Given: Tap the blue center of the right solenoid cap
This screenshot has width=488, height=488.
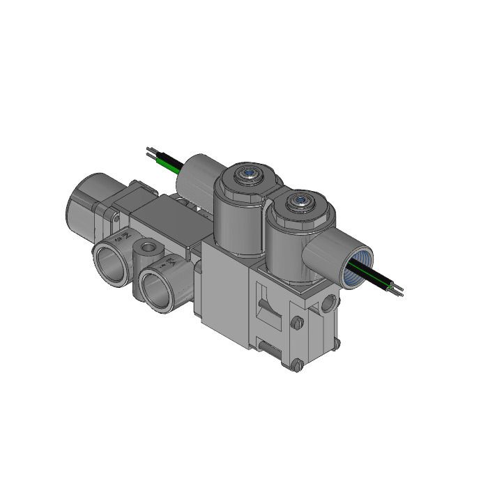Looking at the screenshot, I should [x=301, y=200].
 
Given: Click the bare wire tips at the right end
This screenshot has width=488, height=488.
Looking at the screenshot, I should [x=397, y=290].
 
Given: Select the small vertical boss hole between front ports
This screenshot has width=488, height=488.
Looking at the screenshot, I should [x=147, y=247].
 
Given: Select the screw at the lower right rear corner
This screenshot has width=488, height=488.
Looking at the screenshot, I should [x=337, y=344].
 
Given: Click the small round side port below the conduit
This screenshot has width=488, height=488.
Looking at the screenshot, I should [x=330, y=303].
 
